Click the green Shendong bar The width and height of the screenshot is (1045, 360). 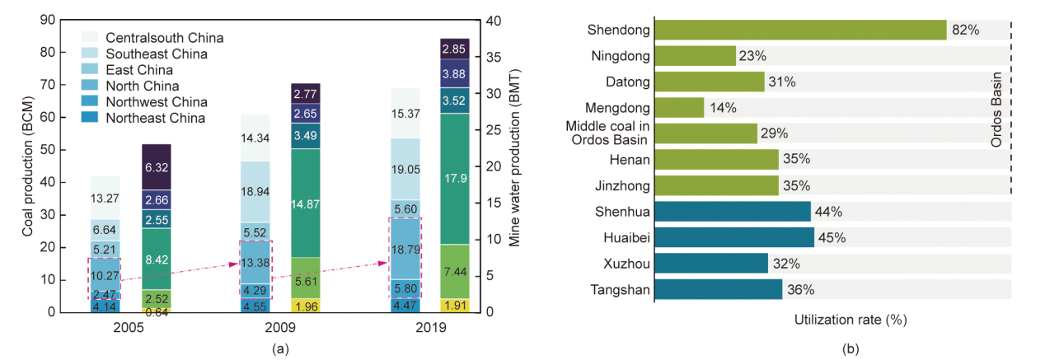pos(799,30)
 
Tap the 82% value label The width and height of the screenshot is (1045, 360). pos(965,30)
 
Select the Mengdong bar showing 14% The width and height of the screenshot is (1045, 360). pos(679,108)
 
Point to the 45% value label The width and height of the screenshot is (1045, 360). pos(832,239)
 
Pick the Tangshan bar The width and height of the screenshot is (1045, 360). pos(718,289)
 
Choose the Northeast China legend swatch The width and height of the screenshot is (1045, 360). pos(90,118)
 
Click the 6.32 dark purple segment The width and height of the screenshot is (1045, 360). pos(156,167)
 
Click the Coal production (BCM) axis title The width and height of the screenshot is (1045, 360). pos(27,165)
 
